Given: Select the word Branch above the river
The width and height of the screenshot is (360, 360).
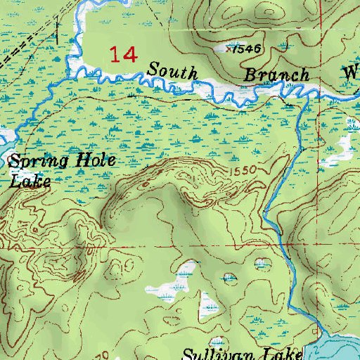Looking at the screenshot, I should [x=276, y=75].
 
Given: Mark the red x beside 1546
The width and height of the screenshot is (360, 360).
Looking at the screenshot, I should [x=229, y=49].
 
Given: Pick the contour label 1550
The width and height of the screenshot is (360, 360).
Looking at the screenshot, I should [x=239, y=171].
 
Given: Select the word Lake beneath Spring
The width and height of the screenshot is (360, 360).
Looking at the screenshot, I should [x=30, y=181].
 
